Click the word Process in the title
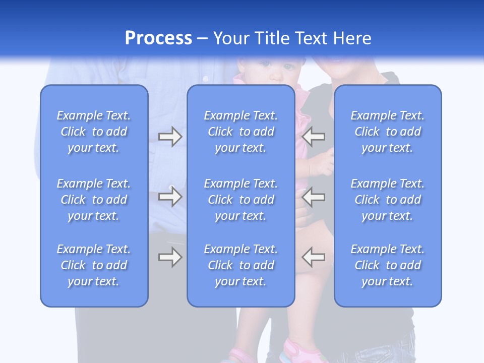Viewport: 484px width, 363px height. pos(158,38)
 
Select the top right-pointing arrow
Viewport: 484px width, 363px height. pos(170,137)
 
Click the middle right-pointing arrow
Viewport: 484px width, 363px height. pos(170,197)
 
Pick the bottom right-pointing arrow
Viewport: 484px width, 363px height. pos(170,257)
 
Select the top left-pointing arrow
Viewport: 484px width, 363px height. pos(314,137)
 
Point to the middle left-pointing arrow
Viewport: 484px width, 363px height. pos(314,197)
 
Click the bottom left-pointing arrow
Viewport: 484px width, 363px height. pos(314,257)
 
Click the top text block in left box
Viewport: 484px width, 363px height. pos(94,132)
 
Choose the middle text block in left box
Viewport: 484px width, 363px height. pos(94,200)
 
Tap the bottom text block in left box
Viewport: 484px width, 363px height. pos(94,265)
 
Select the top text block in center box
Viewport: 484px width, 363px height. pos(240,132)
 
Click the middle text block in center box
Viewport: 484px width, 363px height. pos(240,200)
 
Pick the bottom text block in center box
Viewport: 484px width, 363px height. pos(240,265)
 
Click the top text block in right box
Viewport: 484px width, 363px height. pos(388,132)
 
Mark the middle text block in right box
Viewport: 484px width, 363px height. pos(388,200)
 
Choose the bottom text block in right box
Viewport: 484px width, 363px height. pos(388,265)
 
